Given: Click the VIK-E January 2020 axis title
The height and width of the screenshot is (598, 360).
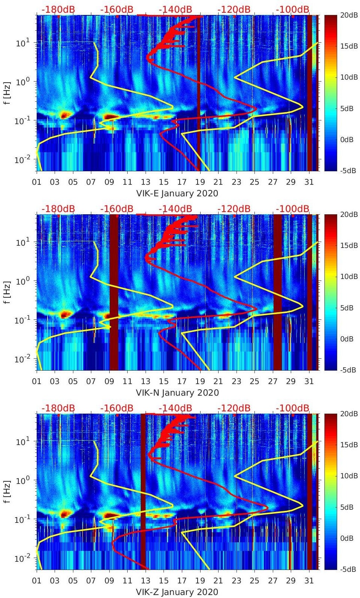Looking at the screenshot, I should pyautogui.click(x=177, y=193).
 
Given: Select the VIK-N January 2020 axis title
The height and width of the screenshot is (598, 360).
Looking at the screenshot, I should pyautogui.click(x=177, y=393).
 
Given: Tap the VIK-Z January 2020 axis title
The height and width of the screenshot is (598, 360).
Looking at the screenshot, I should pyautogui.click(x=177, y=592).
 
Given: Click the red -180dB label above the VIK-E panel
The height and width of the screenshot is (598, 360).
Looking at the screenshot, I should pyautogui.click(x=58, y=10).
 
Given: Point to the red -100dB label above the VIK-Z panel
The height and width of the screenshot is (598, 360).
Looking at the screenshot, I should pyautogui.click(x=293, y=408).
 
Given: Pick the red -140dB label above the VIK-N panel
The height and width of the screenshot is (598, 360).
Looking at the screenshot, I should pyautogui.click(x=175, y=209).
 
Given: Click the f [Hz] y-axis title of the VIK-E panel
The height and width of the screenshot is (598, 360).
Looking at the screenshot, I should pyautogui.click(x=8, y=93).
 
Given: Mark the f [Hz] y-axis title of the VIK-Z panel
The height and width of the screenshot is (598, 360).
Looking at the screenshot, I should pyautogui.click(x=8, y=491).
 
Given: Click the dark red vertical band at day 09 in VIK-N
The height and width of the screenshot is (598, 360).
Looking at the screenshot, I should pyautogui.click(x=114, y=292).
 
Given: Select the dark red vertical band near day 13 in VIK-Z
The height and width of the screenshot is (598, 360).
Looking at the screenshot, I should pyautogui.click(x=143, y=491).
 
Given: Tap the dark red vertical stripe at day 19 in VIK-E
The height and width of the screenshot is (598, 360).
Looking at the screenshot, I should pyautogui.click(x=198, y=93).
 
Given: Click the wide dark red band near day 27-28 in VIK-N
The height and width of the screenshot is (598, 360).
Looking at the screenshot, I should pyautogui.click(x=277, y=292).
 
